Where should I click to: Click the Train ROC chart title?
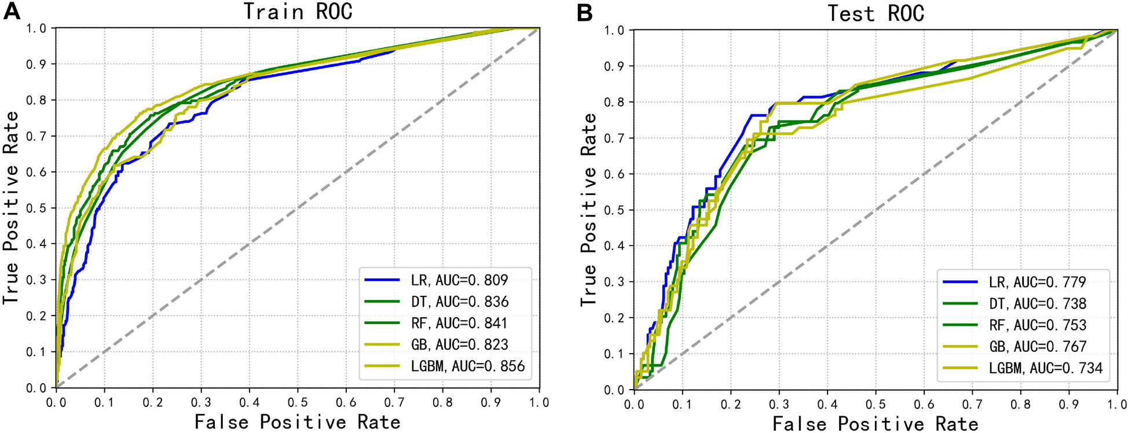(x=298, y=12)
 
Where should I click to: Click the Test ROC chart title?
(x=876, y=13)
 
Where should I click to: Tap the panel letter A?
(x=12, y=12)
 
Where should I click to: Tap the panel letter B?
(x=584, y=13)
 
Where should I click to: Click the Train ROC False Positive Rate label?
(x=298, y=421)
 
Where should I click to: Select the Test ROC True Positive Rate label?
(x=588, y=210)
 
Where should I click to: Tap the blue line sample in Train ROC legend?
(x=382, y=280)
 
